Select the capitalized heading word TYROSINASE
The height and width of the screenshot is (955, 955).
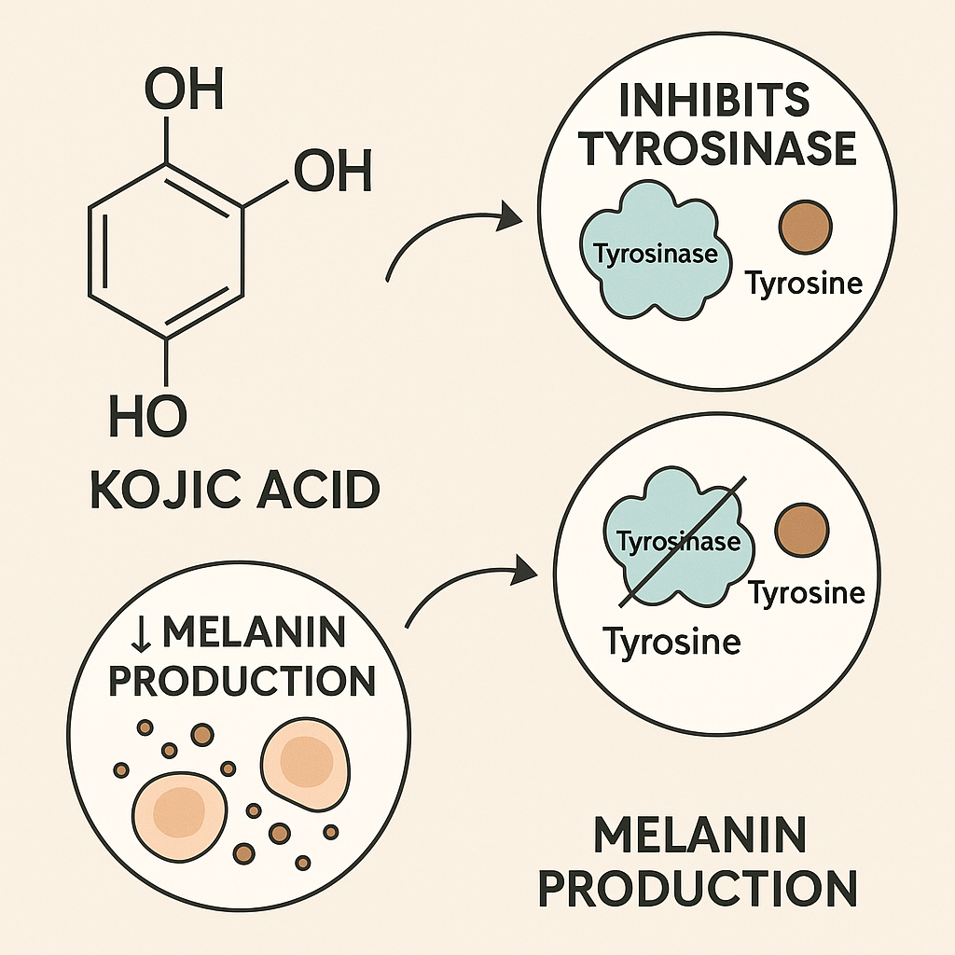point(717,149)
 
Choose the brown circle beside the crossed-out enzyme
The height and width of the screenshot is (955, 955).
point(802,529)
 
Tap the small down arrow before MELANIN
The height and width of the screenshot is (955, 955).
point(143,635)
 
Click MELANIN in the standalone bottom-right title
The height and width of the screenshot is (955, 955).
point(699,837)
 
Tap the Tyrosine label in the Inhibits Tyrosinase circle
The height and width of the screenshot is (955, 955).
point(804,283)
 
